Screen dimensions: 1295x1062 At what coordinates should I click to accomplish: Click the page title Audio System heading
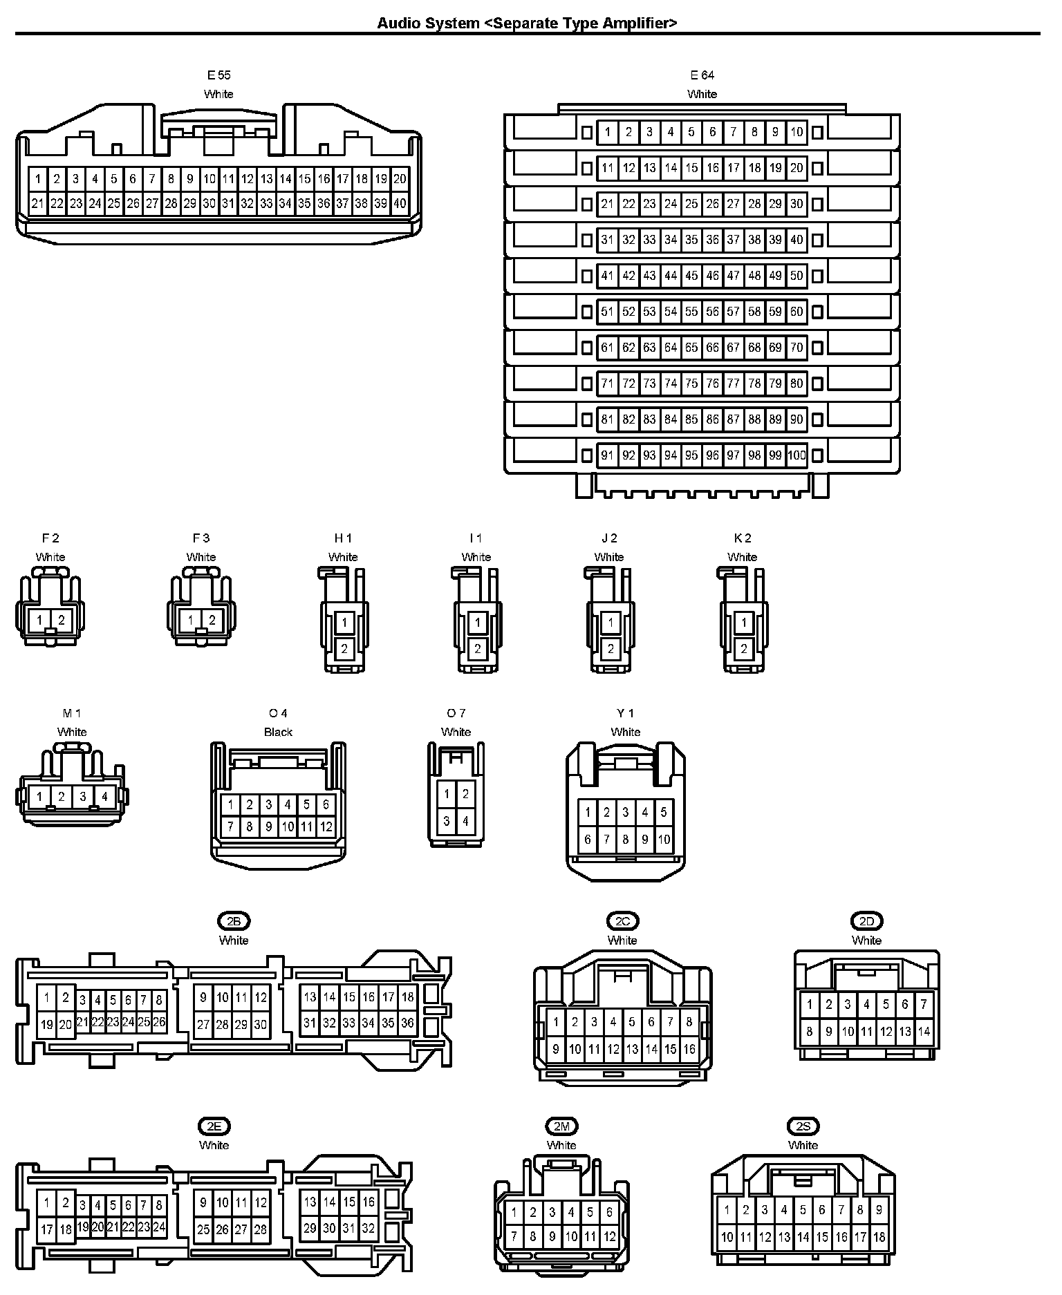pos(527,23)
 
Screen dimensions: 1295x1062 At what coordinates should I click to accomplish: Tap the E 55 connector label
pos(218,75)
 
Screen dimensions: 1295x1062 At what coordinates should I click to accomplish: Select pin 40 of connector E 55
pos(400,204)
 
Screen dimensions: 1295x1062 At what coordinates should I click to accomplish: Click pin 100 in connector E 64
pos(796,455)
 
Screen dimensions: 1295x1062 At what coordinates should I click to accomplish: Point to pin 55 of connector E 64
pos(691,312)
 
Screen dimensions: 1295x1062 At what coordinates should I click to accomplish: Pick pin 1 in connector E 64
pos(607,132)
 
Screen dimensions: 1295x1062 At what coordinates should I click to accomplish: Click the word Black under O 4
pos(278,732)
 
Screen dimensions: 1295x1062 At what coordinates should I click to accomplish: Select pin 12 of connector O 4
pos(326,826)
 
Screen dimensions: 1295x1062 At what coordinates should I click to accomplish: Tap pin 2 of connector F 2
pos(62,620)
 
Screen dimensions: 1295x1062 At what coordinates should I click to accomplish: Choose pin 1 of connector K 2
pos(744,623)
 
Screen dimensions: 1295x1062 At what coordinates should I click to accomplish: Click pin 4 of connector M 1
pos(104,797)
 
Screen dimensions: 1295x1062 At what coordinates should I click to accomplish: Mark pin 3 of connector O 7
pos(447,822)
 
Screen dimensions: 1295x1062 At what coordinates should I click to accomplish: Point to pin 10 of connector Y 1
pos(664,840)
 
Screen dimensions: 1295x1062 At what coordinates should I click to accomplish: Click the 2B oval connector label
pos(234,921)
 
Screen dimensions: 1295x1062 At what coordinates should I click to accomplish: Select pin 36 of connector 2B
pos(407,1023)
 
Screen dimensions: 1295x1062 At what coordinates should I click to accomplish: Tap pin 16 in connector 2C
pos(689,1049)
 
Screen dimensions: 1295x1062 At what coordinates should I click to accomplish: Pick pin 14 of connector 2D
pos(924,1032)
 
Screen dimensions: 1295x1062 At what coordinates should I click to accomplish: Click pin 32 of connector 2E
pos(369,1229)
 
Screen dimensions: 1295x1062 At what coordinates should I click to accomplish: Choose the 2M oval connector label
pos(561,1126)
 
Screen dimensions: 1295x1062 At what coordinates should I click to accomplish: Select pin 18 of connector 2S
pos(879,1237)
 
